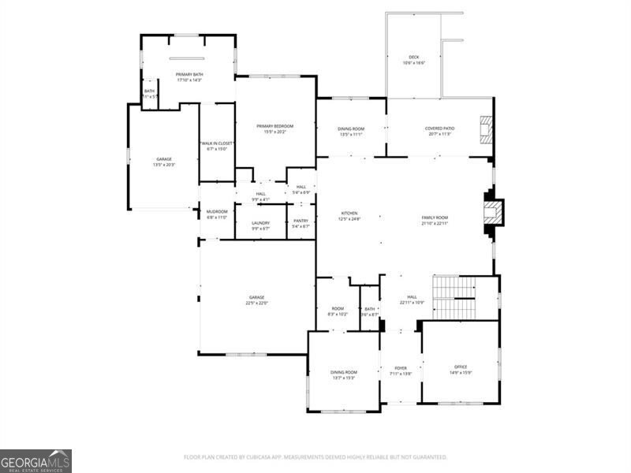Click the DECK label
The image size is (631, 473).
(x=413, y=58)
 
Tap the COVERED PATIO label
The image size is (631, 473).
(x=439, y=128)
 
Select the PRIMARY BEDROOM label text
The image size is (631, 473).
(x=274, y=127)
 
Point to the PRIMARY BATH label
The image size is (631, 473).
(x=189, y=74)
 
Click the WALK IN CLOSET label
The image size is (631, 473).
(x=216, y=143)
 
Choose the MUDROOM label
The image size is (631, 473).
(x=217, y=212)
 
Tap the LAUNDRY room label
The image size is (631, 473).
(x=260, y=223)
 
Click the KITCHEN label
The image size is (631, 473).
(x=349, y=214)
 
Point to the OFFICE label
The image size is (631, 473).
(x=460, y=367)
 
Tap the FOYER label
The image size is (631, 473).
(x=401, y=368)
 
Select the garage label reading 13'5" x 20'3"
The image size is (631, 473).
(x=163, y=160)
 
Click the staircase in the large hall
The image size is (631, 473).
(x=454, y=297)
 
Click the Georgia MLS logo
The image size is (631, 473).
(x=35, y=460)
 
